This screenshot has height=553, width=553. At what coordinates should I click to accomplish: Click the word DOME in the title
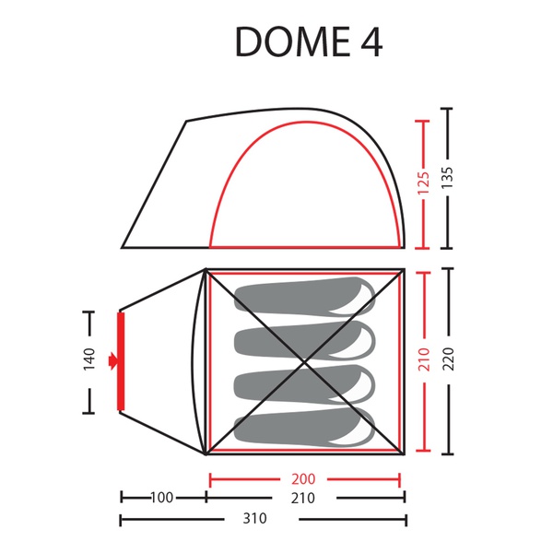click(293, 42)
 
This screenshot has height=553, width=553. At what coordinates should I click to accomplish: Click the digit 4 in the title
click(371, 42)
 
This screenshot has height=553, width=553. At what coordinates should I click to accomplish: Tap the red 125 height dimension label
click(423, 183)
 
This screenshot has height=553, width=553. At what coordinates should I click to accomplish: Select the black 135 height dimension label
click(447, 178)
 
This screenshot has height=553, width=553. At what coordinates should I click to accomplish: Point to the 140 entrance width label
click(89, 359)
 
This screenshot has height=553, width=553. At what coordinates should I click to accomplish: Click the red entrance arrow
click(112, 360)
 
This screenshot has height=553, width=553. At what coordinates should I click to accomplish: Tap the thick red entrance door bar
click(121, 361)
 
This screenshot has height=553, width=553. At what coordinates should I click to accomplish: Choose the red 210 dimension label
click(424, 359)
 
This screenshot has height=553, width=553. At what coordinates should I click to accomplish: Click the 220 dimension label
click(448, 359)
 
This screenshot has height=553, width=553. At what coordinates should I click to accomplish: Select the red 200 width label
click(303, 479)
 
